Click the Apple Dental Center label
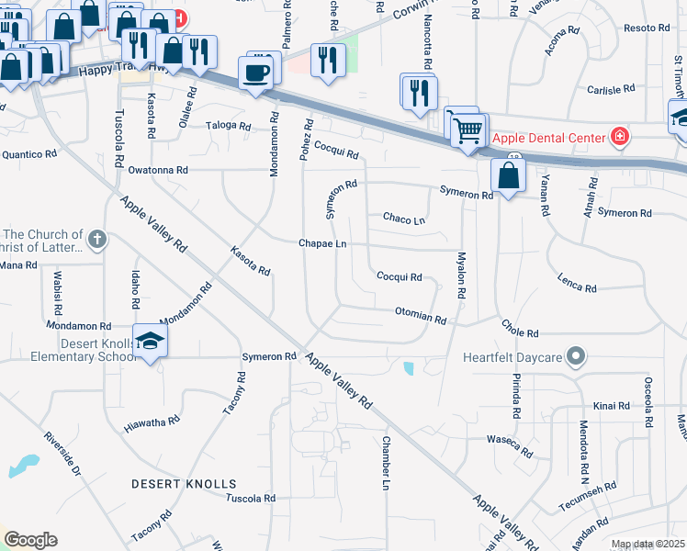click(547, 138)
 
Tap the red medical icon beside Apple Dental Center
click(621, 138)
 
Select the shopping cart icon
click(467, 130)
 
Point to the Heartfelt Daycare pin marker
click(576, 355)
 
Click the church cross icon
click(97, 242)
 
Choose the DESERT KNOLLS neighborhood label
click(183, 483)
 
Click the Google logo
click(29, 540)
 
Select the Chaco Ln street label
click(404, 219)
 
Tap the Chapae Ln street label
click(322, 243)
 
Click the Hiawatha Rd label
click(152, 423)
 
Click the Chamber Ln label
click(386, 470)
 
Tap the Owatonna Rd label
click(158, 170)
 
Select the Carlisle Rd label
click(611, 89)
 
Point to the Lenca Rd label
click(576, 284)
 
